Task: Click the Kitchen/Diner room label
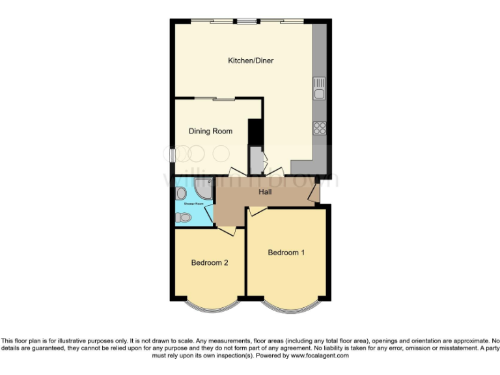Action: point(250,61)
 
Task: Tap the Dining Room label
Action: point(210,132)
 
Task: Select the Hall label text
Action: point(265,192)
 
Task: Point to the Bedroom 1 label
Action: point(286,253)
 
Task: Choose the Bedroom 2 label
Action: point(209,263)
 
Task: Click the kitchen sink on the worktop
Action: point(319,89)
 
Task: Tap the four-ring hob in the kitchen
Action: point(319,128)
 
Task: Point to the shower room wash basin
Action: point(180,193)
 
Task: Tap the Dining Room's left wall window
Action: point(171,156)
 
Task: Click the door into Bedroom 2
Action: point(227,230)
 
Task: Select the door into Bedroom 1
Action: point(257,210)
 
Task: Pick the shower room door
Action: point(212,213)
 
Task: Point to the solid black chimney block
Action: point(255,130)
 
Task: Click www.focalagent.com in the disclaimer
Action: point(320,356)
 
